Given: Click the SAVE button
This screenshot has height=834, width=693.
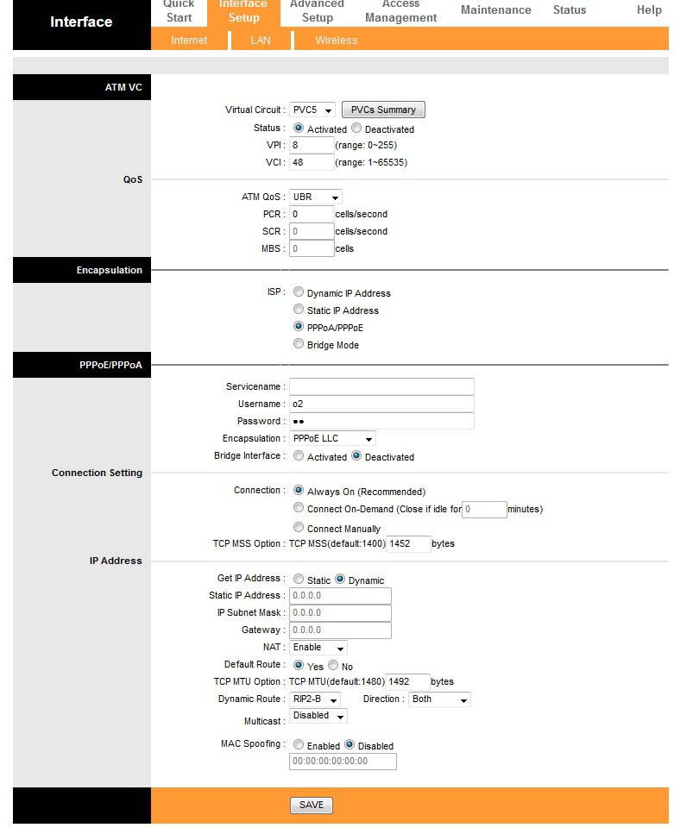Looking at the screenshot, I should point(311,805).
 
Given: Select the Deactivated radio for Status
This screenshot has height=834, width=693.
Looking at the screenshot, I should point(356,129).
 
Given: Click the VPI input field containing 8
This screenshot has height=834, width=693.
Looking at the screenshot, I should point(312,145).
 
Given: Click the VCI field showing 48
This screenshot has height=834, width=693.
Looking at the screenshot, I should point(312,162).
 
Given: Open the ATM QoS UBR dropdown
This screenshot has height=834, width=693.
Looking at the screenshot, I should point(315,197).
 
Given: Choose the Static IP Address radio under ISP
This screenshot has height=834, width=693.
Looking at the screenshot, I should point(299,310).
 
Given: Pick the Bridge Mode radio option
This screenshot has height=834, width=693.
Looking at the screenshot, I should point(299,344).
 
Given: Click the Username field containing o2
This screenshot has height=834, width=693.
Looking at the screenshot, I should point(381,404).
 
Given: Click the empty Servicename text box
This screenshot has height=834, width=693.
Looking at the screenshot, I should point(381,386).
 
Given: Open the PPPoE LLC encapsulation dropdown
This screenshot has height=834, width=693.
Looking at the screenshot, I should point(332,438).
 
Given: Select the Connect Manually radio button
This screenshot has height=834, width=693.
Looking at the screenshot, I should point(299,528).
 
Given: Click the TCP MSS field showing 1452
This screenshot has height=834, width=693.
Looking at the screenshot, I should point(408,543).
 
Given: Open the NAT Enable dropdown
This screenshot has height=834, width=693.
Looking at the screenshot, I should point(318,647).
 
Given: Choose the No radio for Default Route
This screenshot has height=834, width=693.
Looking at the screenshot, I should point(333,666).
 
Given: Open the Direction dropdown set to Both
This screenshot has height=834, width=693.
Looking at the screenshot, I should point(439,699).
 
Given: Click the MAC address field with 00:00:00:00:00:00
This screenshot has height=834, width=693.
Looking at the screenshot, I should point(343,761).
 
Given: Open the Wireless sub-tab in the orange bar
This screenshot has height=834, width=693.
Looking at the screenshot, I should point(336,41).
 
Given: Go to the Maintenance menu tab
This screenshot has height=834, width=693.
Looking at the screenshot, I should point(495,10).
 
